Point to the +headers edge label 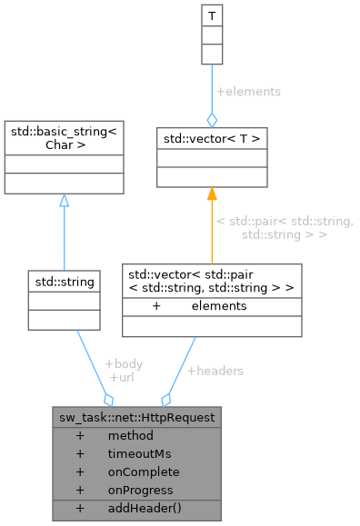(x=215, y=371)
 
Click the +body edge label (x=124, y=363)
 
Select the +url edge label (x=121, y=376)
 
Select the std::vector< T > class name (x=212, y=138)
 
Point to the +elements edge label (x=247, y=92)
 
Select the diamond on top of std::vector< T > (x=212, y=119)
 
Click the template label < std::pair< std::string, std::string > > (x=284, y=228)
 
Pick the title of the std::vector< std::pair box (x=212, y=281)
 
